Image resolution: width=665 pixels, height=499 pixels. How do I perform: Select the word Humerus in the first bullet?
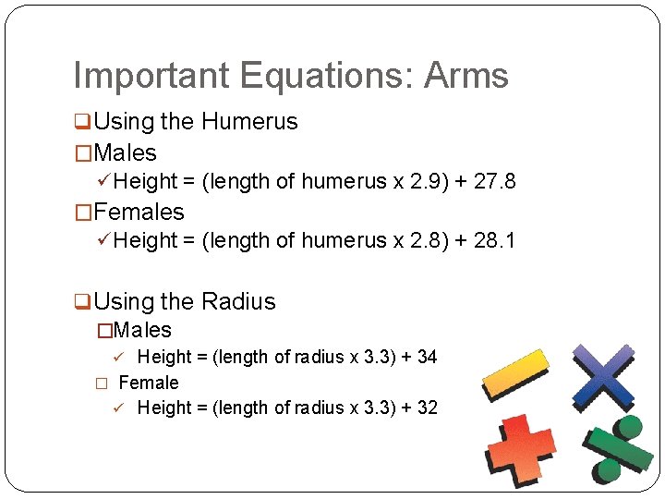click(x=249, y=121)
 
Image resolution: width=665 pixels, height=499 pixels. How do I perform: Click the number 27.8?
click(x=494, y=181)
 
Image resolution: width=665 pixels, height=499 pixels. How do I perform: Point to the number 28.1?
click(x=494, y=240)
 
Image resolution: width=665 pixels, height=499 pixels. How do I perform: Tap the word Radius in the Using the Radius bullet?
click(x=238, y=301)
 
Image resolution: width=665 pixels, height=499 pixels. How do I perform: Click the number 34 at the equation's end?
click(x=427, y=357)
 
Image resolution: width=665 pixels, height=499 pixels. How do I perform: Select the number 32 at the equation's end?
click(x=427, y=408)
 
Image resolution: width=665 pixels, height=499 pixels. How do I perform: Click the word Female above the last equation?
click(x=149, y=382)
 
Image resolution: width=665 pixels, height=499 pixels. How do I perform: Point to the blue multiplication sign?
click(x=602, y=374)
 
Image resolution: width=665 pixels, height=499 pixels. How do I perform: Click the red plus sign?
click(x=520, y=448)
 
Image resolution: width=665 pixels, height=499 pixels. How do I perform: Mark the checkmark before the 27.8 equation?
click(x=104, y=181)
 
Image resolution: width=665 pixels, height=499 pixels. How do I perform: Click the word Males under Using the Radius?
click(x=142, y=330)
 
